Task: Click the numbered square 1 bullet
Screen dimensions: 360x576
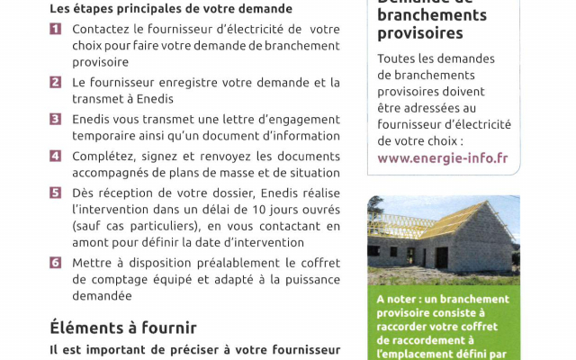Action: tap(55, 30)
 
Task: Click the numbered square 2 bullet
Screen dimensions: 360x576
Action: tap(55, 83)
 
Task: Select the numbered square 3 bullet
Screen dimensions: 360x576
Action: tap(55, 120)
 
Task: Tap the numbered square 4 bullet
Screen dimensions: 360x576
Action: tap(55, 156)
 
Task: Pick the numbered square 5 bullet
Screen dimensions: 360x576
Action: tap(55, 193)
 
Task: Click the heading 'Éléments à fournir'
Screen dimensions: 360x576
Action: tap(122, 328)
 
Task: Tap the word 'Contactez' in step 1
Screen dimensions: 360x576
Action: tap(100, 30)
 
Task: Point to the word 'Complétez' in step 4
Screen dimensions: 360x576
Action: tap(102, 156)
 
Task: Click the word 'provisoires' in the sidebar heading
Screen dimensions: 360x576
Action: tap(419, 33)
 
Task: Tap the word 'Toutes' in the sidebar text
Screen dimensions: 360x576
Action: tap(397, 59)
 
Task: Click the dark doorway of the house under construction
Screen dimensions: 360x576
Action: tap(441, 257)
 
